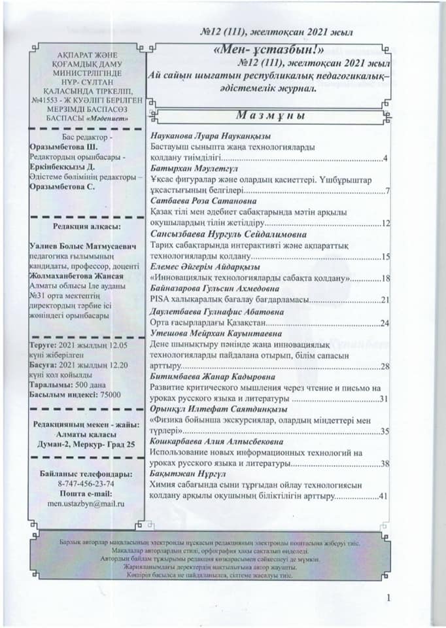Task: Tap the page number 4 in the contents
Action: point(386,159)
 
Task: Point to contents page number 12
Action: point(385,224)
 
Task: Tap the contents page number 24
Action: point(385,323)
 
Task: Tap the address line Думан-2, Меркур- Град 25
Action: point(86,445)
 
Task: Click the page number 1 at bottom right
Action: point(388,597)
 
